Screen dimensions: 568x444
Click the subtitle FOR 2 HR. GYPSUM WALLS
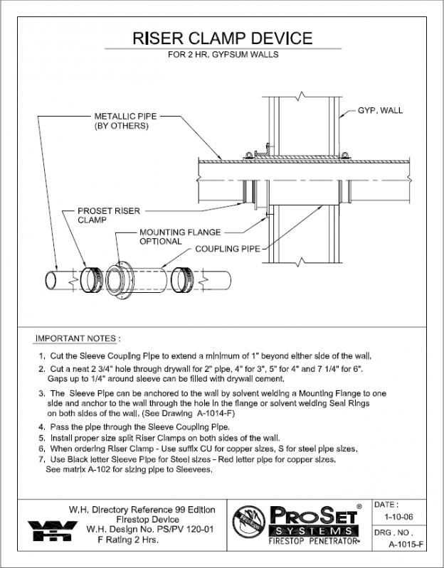(223, 54)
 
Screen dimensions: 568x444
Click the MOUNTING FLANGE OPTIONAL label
(179, 237)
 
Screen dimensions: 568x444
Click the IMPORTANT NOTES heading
(78, 338)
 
